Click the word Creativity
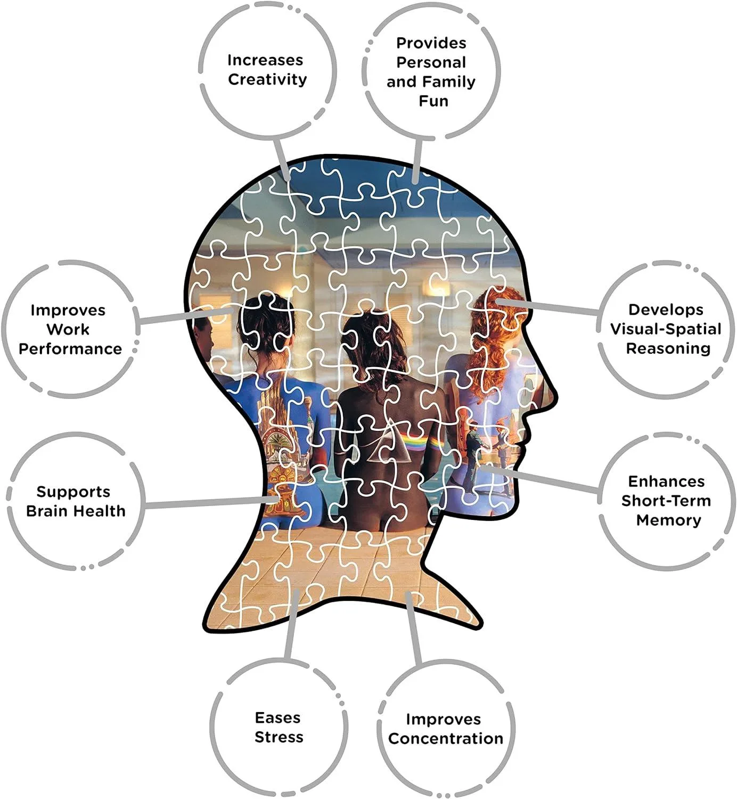click(x=267, y=80)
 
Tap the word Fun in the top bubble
click(x=433, y=101)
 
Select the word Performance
click(x=70, y=349)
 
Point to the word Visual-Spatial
click(x=666, y=329)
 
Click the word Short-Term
click(x=666, y=501)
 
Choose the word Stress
click(x=279, y=737)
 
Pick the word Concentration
click(x=446, y=738)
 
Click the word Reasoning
click(x=668, y=348)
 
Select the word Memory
click(x=669, y=520)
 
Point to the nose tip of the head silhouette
click(x=557, y=397)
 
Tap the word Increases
click(x=265, y=60)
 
